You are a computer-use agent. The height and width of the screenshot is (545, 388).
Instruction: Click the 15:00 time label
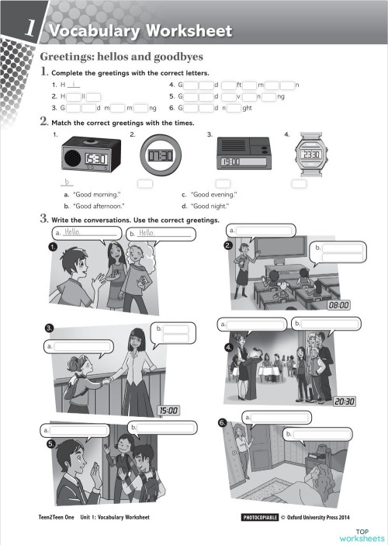pyautogui.click(x=168, y=410)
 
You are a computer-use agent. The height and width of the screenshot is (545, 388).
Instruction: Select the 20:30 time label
pyautogui.click(x=345, y=401)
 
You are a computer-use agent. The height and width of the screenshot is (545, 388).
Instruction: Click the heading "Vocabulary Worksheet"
pyautogui.click(x=140, y=31)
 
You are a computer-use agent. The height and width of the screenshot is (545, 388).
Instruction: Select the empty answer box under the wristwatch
pyautogui.click(x=300, y=183)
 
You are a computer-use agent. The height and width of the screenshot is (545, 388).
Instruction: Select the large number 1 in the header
pyautogui.click(x=29, y=28)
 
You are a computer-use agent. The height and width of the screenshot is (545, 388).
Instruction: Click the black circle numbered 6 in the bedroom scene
pyautogui.click(x=223, y=423)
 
